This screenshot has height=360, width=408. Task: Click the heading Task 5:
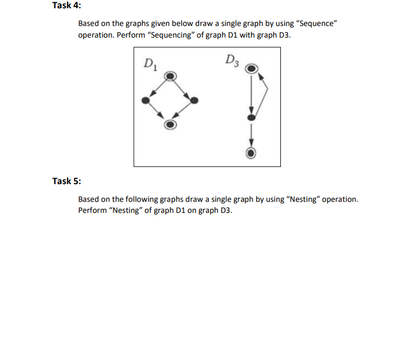(x=66, y=181)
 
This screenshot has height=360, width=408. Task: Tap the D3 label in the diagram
(x=232, y=60)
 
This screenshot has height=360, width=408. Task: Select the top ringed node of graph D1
(x=171, y=75)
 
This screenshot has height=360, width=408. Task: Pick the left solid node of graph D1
(x=145, y=100)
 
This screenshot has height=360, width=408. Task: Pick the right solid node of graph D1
(x=195, y=100)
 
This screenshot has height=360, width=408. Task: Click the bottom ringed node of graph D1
(x=171, y=124)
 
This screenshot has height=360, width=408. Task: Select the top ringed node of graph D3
(x=251, y=69)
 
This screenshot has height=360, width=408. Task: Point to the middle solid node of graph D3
(x=251, y=118)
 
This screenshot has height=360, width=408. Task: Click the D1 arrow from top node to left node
(x=158, y=88)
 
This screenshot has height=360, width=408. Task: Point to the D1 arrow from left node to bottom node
(x=158, y=112)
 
